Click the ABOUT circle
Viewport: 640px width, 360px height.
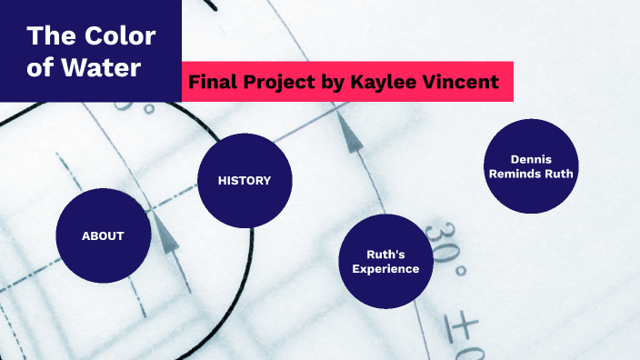click(103, 235)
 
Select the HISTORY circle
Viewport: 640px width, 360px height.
click(245, 180)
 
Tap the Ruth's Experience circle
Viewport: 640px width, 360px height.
click(385, 262)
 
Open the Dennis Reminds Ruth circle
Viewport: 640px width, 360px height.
click(531, 166)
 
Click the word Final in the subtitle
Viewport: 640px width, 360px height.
click(211, 83)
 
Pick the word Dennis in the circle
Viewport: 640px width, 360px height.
click(531, 159)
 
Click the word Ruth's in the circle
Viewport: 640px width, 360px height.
click(385, 255)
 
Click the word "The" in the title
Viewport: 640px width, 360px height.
click(45, 37)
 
